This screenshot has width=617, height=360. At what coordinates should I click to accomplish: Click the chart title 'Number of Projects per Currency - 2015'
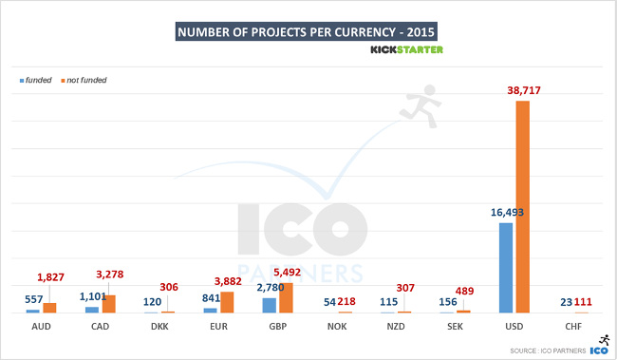pyautogui.click(x=308, y=31)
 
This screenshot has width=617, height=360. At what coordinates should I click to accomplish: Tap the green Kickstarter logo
pyautogui.click(x=405, y=49)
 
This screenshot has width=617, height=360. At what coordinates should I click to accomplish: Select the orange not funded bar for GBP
pyautogui.click(x=286, y=297)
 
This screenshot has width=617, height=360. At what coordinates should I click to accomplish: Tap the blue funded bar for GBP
pyautogui.click(x=269, y=305)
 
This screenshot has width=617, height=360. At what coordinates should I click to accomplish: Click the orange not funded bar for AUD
pyautogui.click(x=49, y=308)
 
